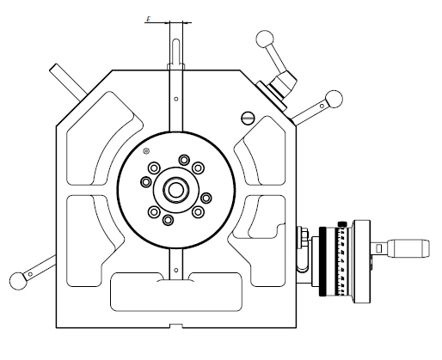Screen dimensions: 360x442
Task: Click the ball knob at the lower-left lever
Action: tap(18, 278)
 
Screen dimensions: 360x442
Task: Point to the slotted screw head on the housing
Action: tap(249, 117)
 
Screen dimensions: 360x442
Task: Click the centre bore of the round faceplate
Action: tap(175, 189)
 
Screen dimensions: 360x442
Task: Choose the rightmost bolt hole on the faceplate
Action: tap(206, 197)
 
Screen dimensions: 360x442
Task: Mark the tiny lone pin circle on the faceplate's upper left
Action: tap(147, 153)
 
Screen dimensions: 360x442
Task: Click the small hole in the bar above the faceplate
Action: tap(175, 100)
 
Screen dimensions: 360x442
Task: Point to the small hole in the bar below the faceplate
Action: tap(175, 272)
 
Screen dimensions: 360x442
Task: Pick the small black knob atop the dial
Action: tap(342, 225)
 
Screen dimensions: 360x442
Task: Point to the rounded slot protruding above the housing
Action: tap(175, 52)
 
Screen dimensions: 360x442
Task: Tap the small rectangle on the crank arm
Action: tap(378, 248)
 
